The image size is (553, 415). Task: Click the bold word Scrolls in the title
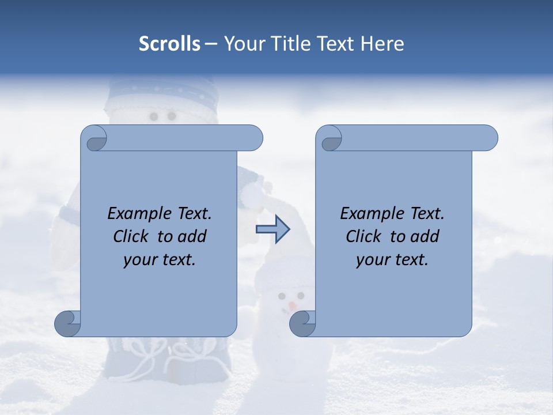point(169,44)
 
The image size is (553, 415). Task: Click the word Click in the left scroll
point(131,236)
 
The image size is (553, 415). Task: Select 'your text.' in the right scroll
point(392,260)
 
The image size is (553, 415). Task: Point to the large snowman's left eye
point(154,117)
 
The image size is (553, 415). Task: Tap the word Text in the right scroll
point(427,213)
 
